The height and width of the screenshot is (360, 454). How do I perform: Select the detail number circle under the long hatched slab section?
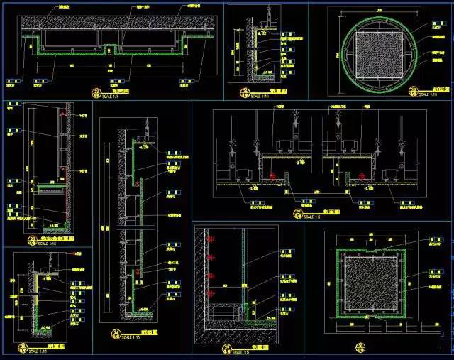click(96, 92)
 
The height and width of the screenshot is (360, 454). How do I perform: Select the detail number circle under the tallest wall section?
click(115, 333)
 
